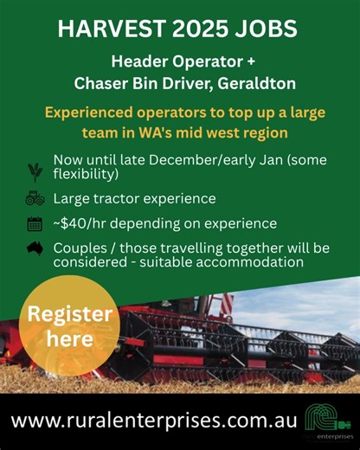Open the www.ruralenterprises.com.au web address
(154, 421)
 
